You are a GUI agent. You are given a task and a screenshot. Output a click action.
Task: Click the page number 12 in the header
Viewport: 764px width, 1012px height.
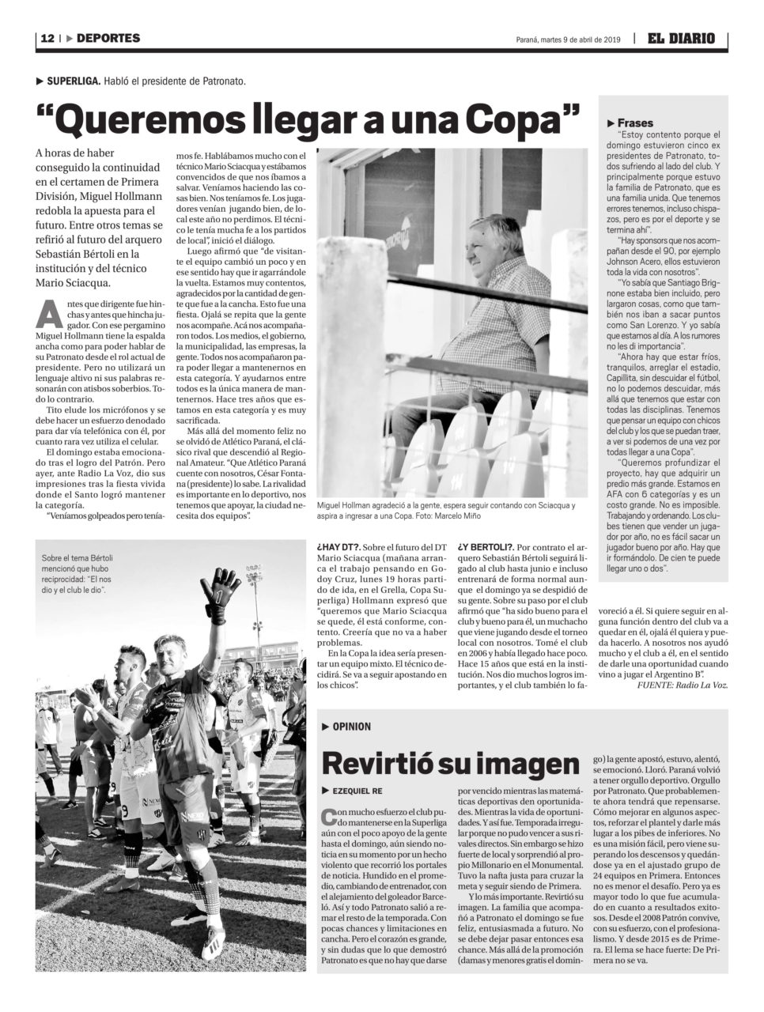(47, 38)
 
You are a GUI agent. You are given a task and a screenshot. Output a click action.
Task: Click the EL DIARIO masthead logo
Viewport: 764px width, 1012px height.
(680, 38)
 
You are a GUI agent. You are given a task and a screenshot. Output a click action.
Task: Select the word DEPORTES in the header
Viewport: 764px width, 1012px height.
(109, 38)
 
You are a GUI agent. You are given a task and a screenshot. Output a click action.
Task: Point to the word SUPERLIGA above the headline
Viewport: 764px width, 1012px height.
(73, 81)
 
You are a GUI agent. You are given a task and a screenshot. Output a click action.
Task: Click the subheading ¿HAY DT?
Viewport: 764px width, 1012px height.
(339, 547)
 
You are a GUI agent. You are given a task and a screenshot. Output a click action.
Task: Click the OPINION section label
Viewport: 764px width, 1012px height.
(351, 727)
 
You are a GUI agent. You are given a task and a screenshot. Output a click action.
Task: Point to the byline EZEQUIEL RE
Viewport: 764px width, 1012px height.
(358, 791)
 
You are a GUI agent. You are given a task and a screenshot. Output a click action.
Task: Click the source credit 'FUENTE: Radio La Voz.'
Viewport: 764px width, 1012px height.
(682, 685)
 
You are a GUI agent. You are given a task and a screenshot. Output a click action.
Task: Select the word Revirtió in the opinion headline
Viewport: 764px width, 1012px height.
(379, 763)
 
